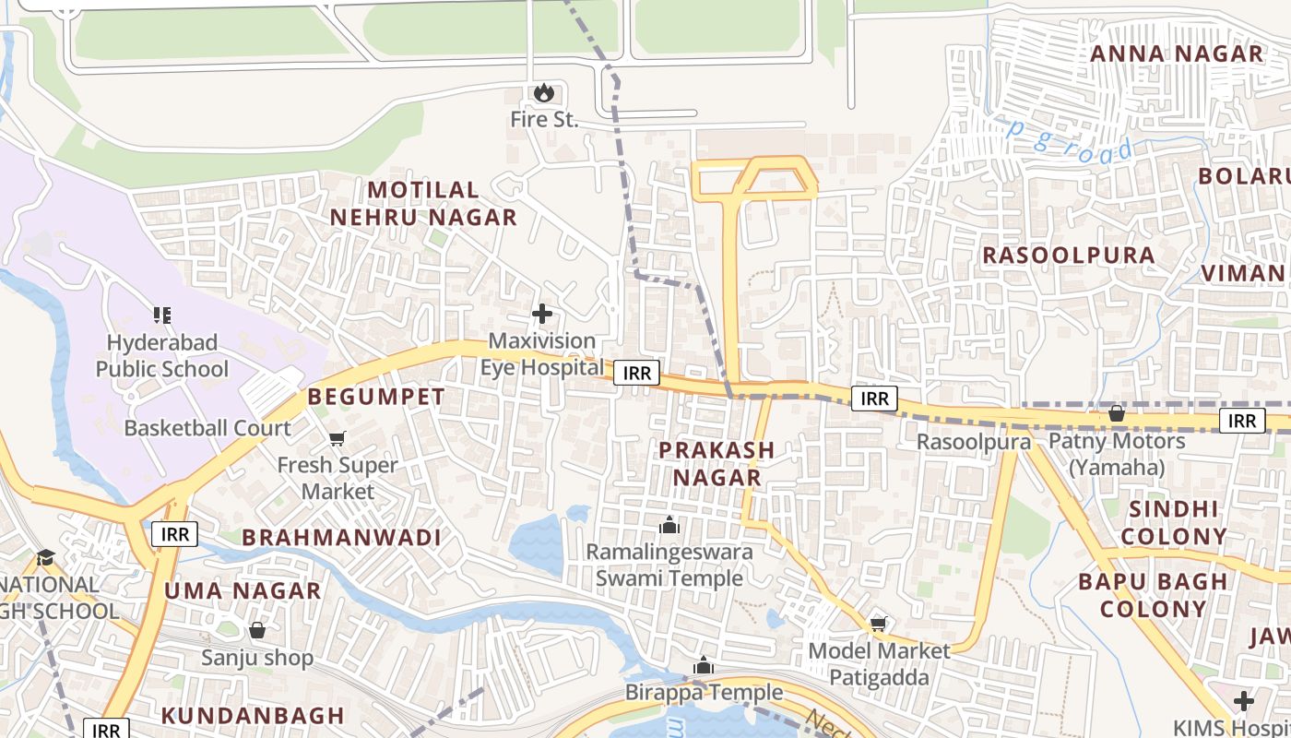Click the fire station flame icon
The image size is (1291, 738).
(x=543, y=92)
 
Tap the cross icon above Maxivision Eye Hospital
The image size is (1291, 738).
(x=542, y=314)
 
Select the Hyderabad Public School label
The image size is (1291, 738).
(x=162, y=356)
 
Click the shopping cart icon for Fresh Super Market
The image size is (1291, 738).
(x=338, y=438)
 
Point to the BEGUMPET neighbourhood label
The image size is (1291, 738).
(x=376, y=398)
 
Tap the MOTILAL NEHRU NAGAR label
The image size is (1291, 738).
(x=424, y=204)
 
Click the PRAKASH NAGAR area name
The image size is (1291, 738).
(x=717, y=464)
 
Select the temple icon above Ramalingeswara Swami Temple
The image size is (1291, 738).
(x=669, y=526)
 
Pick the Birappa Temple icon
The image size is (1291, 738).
(x=704, y=665)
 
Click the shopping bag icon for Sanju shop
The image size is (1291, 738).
(x=257, y=630)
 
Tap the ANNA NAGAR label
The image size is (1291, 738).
(x=1177, y=54)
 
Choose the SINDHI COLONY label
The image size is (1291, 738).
(x=1174, y=522)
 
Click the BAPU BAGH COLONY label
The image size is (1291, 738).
(x=1153, y=595)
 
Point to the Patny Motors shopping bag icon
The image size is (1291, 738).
(x=1117, y=413)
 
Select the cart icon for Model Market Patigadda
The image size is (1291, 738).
(x=879, y=624)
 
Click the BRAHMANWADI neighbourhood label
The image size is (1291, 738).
(x=341, y=537)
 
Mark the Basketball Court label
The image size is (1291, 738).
(x=207, y=428)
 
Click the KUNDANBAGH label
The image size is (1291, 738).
(x=253, y=715)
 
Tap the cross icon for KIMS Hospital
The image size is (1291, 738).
(x=1244, y=701)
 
